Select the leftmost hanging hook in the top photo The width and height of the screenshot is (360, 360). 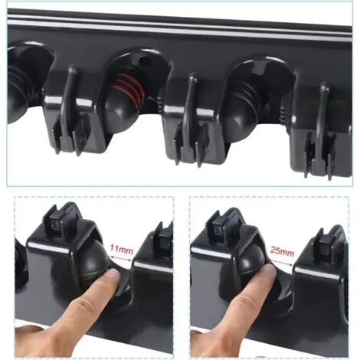point(69,107)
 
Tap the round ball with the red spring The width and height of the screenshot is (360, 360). point(127,100)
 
